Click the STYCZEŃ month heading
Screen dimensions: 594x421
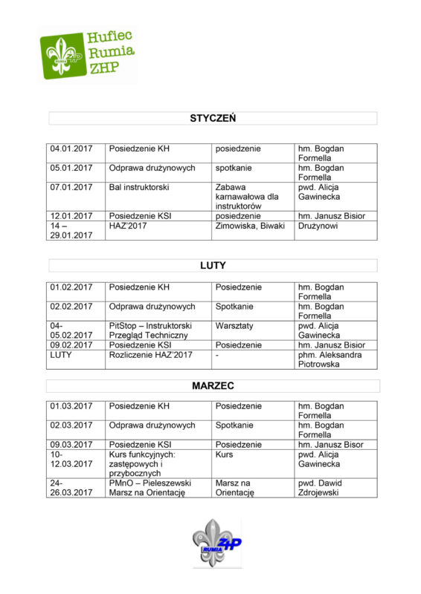213,118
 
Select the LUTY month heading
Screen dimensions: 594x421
213,265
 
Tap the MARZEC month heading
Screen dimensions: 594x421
213,386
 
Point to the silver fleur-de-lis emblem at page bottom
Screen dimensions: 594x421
211,543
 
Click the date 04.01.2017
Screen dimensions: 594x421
71,148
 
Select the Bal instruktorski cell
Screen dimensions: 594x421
139,187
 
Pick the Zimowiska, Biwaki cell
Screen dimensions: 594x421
250,226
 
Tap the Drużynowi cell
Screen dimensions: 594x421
321,226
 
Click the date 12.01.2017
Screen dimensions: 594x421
71,216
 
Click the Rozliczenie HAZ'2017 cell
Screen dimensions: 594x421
151,355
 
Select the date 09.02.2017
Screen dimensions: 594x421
71,345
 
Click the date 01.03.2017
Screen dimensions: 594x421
71,406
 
